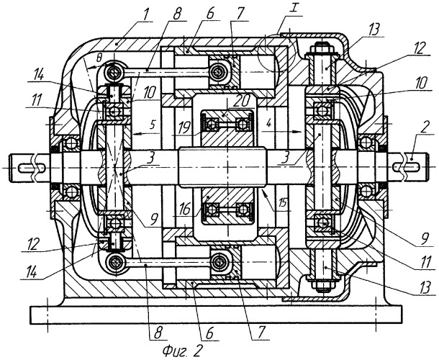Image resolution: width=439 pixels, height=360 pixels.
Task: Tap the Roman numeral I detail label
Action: tap(294, 9)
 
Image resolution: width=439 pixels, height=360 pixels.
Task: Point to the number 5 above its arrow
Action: tap(152, 125)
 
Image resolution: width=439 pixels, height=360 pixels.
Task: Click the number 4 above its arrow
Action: tap(268, 124)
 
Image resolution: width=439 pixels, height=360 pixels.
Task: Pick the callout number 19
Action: tap(184, 127)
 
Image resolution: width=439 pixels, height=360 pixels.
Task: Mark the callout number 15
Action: tap(283, 203)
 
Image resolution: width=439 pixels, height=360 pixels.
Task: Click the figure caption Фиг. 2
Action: tap(181, 350)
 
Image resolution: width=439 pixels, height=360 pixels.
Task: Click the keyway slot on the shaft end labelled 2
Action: tap(407, 167)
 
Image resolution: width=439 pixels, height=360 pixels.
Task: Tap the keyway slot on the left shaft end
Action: tap(32, 168)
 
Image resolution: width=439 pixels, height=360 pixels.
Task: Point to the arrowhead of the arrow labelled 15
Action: tap(263, 189)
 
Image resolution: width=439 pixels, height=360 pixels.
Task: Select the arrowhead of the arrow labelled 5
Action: tap(135, 134)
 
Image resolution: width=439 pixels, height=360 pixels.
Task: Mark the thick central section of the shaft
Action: tap(222, 167)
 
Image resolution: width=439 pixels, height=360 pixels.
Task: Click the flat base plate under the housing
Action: tap(216, 315)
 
